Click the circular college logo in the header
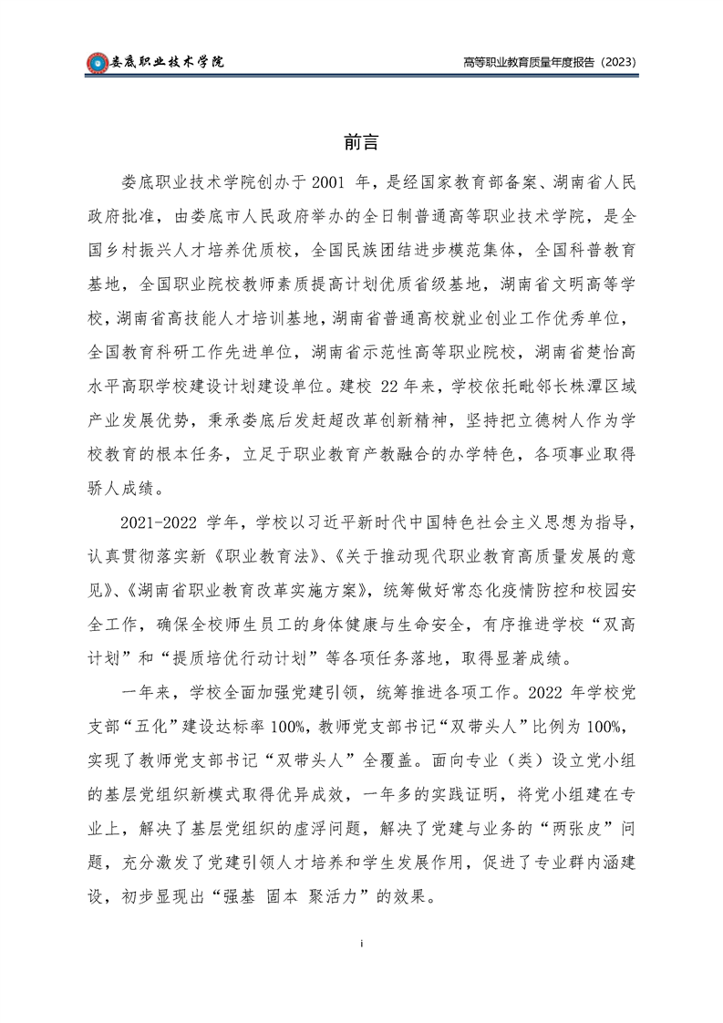coord(97,62)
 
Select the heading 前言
coord(361,142)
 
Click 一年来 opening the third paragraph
coord(142,690)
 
